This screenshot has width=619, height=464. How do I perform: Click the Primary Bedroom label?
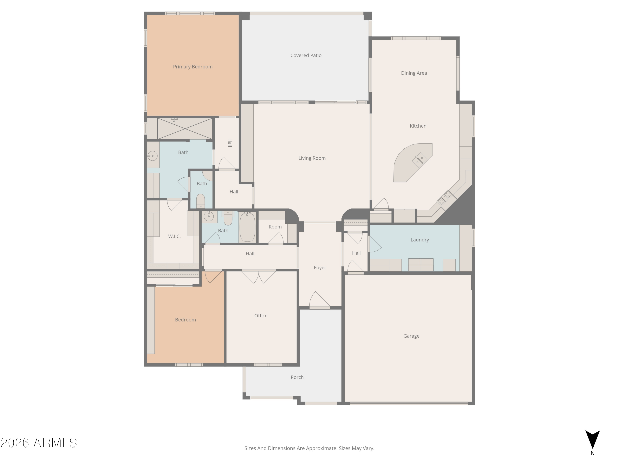[193, 67]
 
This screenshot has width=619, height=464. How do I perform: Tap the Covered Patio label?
[306, 55]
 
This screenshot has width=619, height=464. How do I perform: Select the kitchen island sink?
[419, 160]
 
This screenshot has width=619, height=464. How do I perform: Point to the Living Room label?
[312, 158]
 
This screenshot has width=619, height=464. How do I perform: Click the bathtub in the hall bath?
[247, 227]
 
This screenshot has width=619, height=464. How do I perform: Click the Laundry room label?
[419, 240]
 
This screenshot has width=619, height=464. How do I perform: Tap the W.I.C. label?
[174, 236]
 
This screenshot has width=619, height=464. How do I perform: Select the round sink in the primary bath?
[152, 156]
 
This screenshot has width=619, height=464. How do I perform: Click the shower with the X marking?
[185, 129]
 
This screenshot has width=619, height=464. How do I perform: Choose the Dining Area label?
[414, 73]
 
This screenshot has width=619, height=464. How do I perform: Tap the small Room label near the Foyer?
[275, 227]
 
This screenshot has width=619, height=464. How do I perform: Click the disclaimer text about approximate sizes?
[309, 448]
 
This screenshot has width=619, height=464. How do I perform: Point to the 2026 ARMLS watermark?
[39, 443]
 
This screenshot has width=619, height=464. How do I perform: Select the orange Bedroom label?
[185, 320]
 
